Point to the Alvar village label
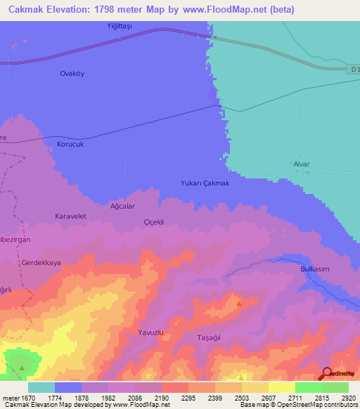301,164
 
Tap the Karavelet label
70,216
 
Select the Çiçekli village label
153,221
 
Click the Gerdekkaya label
41,262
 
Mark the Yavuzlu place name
150,332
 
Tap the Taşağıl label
210,337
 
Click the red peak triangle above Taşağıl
239,304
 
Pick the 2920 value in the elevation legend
349,398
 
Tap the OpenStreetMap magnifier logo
326,374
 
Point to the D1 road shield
354,69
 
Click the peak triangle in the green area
22,368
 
